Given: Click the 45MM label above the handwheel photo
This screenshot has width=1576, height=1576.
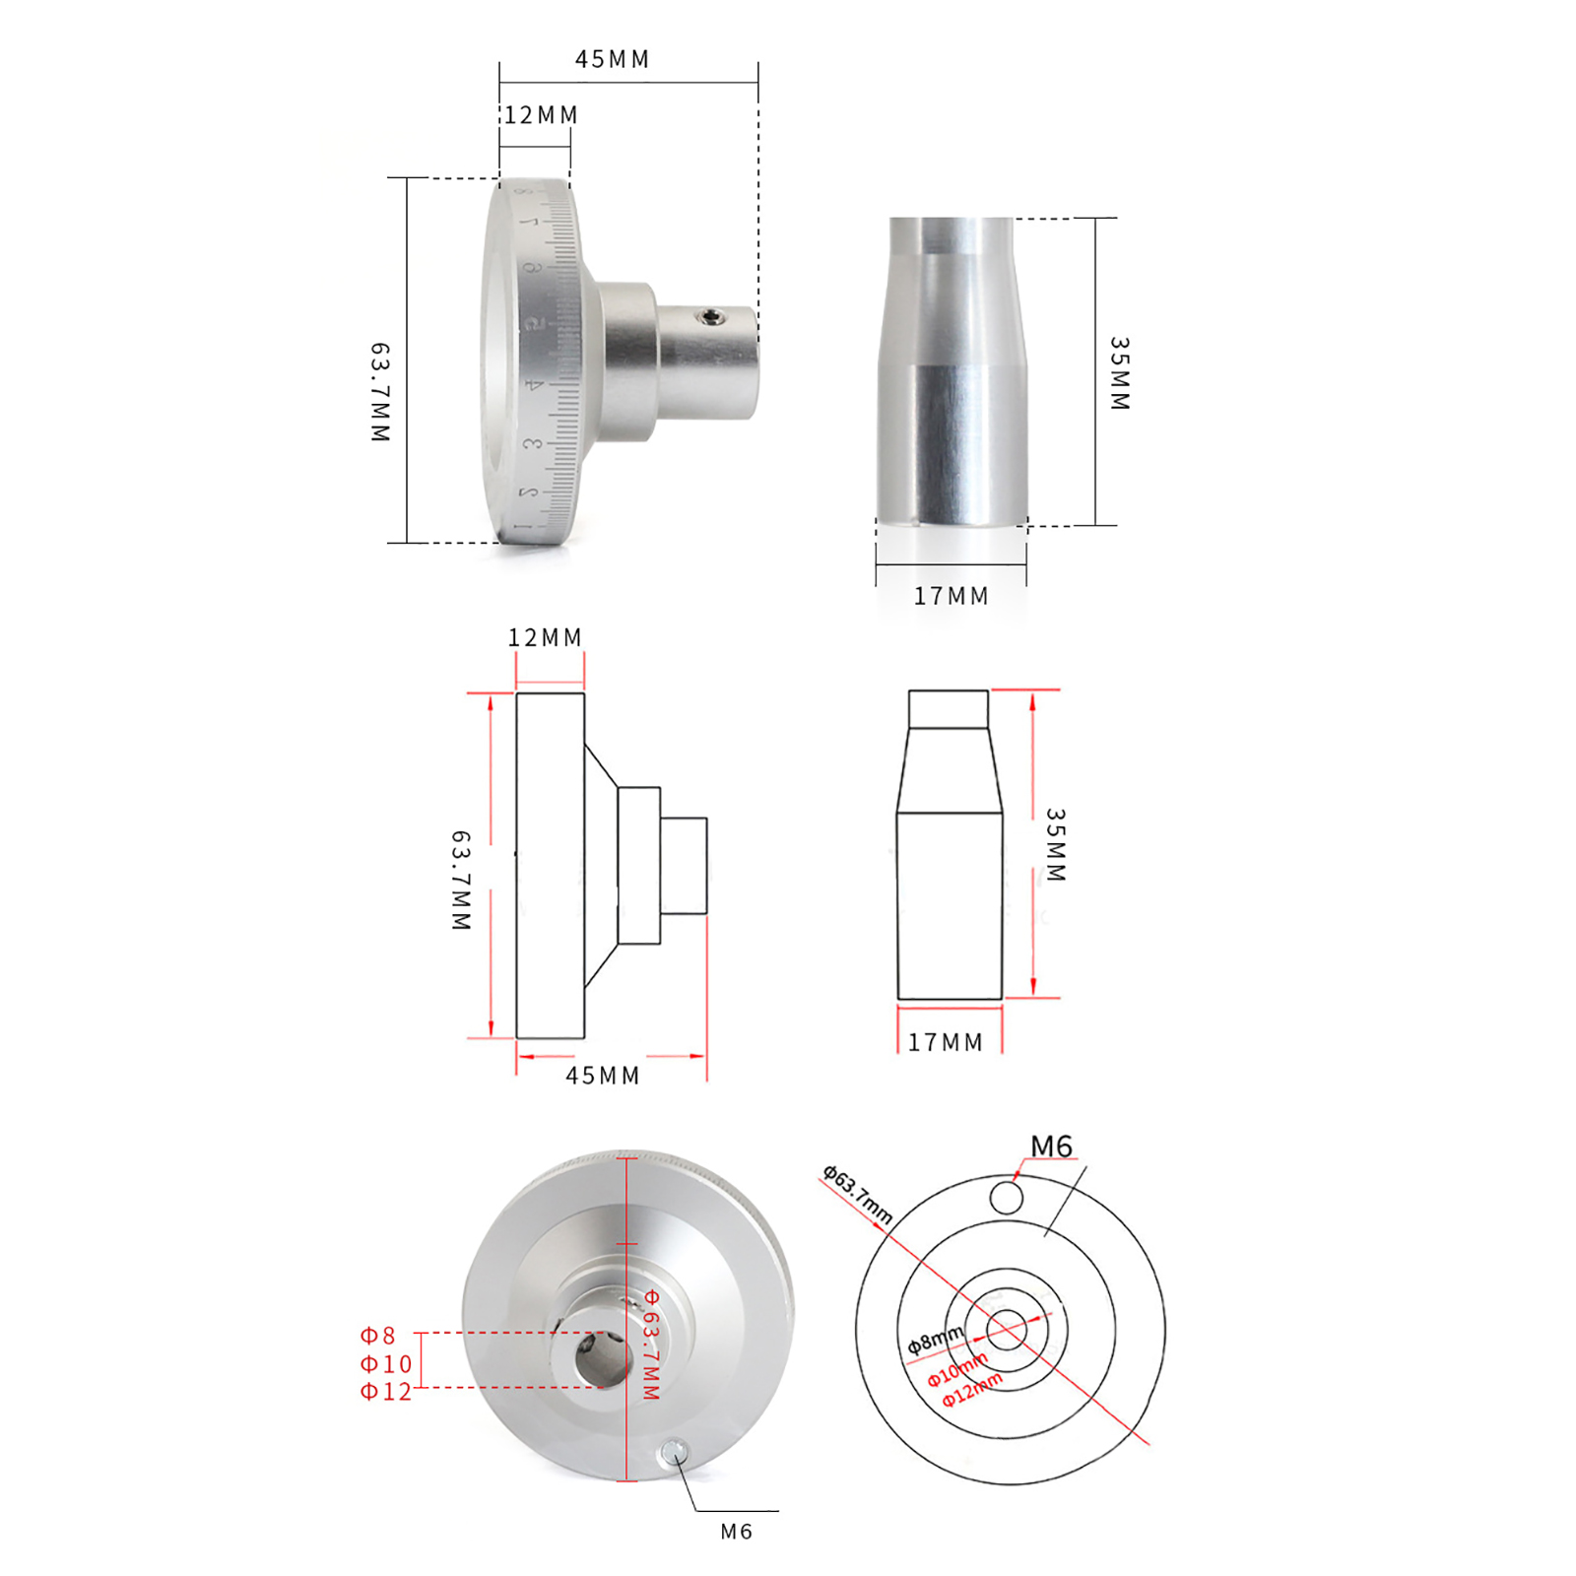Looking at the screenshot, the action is point(612,59).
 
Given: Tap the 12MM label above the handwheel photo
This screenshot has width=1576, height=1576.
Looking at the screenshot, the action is point(541,115).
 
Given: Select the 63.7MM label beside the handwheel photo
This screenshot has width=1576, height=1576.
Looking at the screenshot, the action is point(380,392).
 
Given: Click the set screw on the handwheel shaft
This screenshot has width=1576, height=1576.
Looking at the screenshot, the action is point(710,316).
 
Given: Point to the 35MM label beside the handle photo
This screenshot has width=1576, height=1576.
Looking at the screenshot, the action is point(1120,373).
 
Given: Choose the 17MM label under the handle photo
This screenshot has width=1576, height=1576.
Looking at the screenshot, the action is point(951,596).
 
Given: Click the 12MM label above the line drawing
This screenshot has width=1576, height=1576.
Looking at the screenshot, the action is point(545,637).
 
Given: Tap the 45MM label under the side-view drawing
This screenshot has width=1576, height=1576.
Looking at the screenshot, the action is point(602,1076).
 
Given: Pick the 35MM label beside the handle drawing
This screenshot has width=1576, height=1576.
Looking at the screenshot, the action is point(1056,845).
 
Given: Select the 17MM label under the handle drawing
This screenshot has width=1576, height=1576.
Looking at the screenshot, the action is point(946,1042).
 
